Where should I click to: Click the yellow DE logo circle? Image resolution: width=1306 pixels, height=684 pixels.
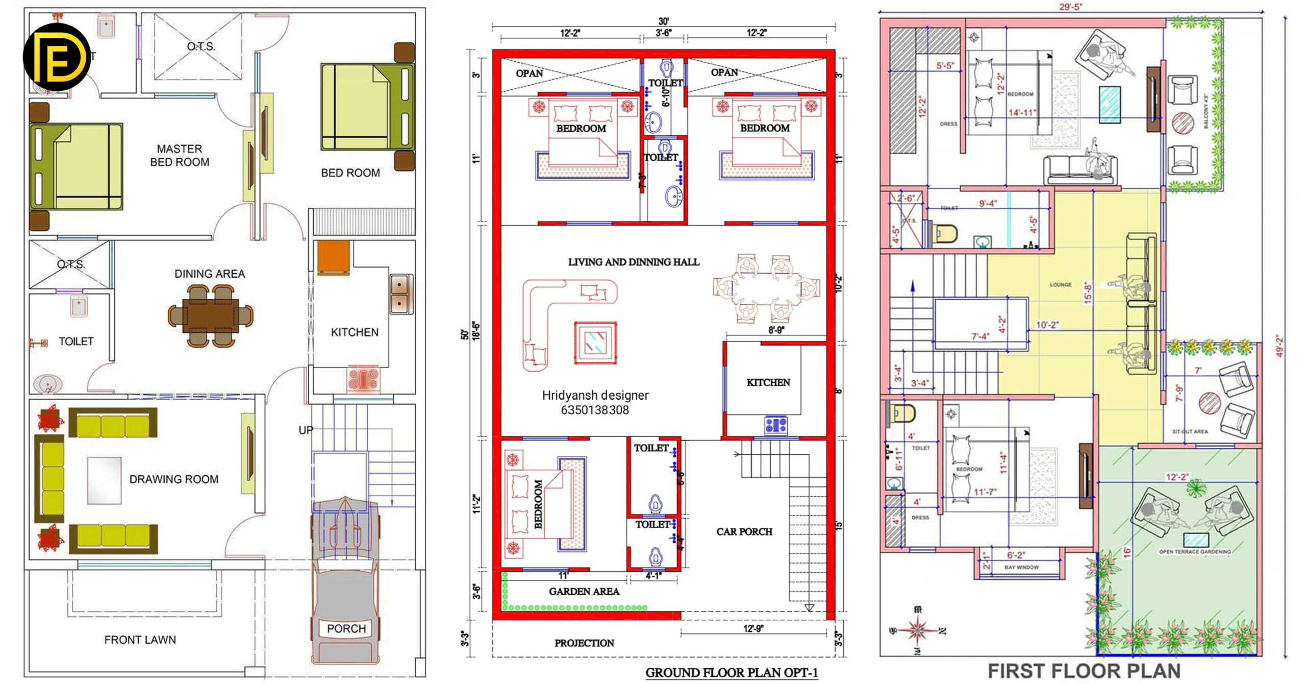click(57, 57)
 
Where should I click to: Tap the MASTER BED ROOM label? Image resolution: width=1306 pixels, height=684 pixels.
click(180, 156)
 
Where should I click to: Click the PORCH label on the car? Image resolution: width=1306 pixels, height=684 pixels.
click(346, 629)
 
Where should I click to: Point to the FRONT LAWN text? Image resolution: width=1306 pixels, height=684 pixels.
click(140, 640)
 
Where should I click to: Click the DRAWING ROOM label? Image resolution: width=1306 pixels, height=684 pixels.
click(173, 479)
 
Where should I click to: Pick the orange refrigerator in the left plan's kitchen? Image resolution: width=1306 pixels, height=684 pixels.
click(333, 257)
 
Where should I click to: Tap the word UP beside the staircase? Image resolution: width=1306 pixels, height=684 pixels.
click(306, 430)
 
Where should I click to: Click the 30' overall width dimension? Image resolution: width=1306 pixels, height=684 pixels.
click(663, 21)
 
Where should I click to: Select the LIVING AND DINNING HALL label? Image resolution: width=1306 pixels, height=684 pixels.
click(634, 262)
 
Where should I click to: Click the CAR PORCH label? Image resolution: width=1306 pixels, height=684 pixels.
click(744, 532)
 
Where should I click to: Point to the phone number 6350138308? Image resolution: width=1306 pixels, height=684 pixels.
click(595, 410)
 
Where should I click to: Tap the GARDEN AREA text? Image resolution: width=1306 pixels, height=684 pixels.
click(584, 592)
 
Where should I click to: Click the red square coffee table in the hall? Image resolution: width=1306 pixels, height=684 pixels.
click(595, 343)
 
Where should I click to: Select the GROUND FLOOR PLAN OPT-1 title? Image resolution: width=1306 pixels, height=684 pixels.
click(732, 673)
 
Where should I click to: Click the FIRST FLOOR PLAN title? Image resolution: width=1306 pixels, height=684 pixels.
click(1084, 671)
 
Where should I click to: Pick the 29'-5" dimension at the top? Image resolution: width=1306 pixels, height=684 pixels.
click(1070, 7)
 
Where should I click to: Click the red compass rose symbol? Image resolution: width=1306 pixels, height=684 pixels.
click(917, 631)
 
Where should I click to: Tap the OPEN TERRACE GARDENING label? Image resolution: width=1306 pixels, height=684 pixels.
click(1194, 552)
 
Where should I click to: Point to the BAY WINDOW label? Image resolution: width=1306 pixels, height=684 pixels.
click(1021, 567)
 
